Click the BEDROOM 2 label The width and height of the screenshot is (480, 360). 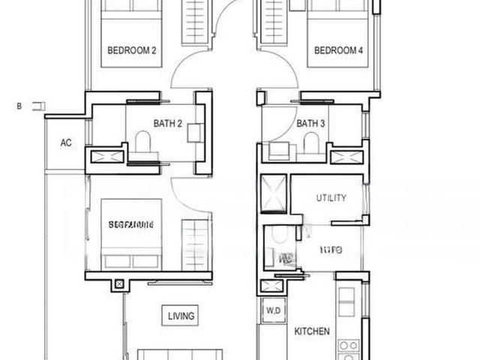click(132, 51)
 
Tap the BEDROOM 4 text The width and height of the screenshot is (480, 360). click(338, 51)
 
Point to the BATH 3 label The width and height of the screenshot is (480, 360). click(311, 123)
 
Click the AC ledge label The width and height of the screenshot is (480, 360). click(66, 143)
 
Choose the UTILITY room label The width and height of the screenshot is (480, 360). click(331, 199)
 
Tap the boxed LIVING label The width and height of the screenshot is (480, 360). click(181, 316)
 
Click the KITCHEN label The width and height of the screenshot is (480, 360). click(311, 331)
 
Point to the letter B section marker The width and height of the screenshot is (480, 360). click(19, 107)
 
